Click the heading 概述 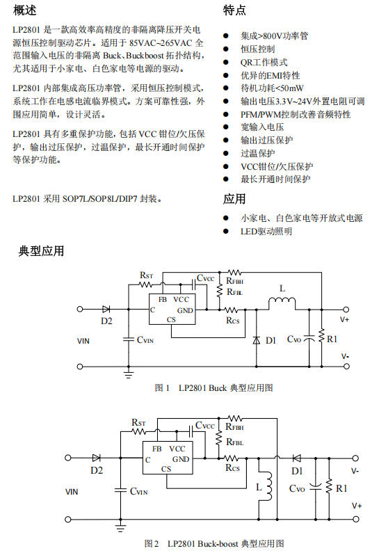[x=24, y=10]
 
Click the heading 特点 [x=234, y=10]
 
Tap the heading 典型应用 [x=41, y=250]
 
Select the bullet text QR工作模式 [x=264, y=62]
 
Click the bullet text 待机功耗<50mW [x=272, y=88]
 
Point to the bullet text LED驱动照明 [x=266, y=232]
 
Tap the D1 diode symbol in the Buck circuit [x=257, y=340]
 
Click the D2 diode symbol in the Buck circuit [x=106, y=310]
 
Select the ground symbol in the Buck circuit [x=129, y=374]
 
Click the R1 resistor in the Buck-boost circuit [x=329, y=488]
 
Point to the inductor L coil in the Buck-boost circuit [x=270, y=486]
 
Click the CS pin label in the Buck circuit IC [x=171, y=319]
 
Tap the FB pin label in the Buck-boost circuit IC [x=157, y=449]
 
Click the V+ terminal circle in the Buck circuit [x=346, y=310]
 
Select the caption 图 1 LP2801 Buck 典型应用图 [x=213, y=388]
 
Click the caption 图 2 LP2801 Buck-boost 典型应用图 [x=214, y=543]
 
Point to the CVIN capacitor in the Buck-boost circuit [x=120, y=490]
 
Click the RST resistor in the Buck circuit [x=145, y=284]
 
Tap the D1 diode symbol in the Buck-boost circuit [x=297, y=458]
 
